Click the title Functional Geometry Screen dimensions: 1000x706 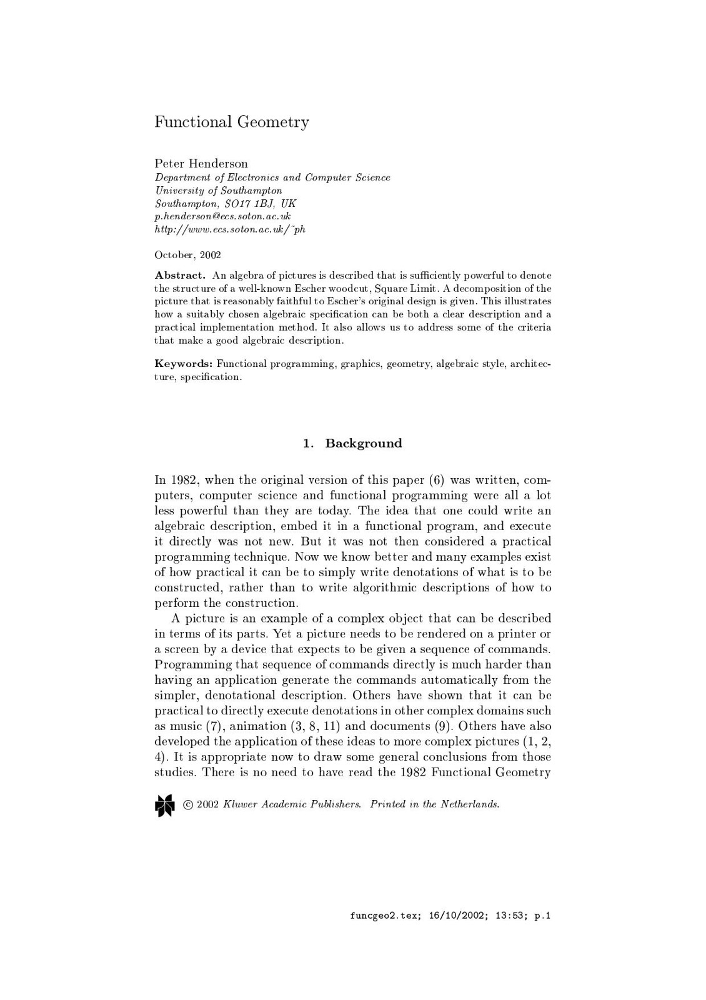(x=232, y=122)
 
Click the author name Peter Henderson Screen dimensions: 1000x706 (x=201, y=164)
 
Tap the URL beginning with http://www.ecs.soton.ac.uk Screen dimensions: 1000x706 (x=230, y=229)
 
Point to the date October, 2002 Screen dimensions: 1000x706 (x=187, y=255)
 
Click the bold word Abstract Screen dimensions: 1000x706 (x=180, y=276)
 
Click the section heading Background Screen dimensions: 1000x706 (x=364, y=444)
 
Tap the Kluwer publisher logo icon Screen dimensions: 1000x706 (x=164, y=805)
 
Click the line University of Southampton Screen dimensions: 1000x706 (x=218, y=190)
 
